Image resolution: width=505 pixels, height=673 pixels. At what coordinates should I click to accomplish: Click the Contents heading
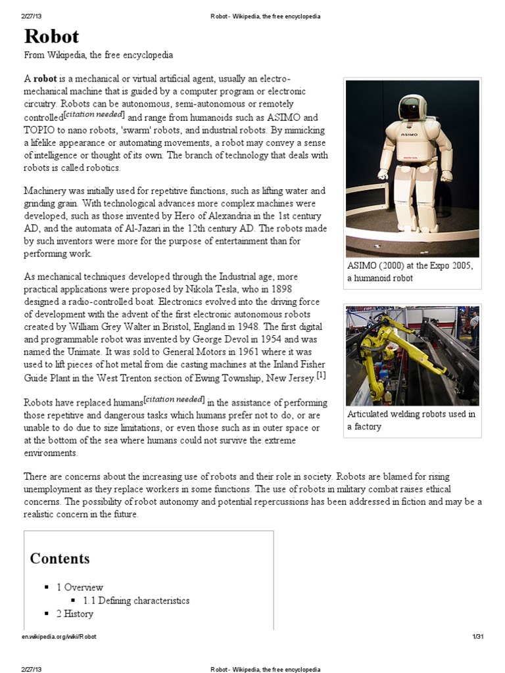pyautogui.click(x=60, y=559)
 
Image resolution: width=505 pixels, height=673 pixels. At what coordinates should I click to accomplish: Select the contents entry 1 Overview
pyautogui.click(x=80, y=588)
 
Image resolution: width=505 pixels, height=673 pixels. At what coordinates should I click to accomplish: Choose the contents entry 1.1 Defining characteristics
pyautogui.click(x=136, y=601)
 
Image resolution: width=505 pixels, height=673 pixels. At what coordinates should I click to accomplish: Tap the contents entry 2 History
pyautogui.click(x=74, y=614)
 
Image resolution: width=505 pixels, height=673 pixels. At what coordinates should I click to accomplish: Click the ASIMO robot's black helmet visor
pyautogui.click(x=411, y=105)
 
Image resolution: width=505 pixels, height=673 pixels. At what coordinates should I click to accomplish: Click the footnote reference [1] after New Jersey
pyautogui.click(x=321, y=376)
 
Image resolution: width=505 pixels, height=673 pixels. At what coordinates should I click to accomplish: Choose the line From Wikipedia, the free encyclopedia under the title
pyautogui.click(x=99, y=55)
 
